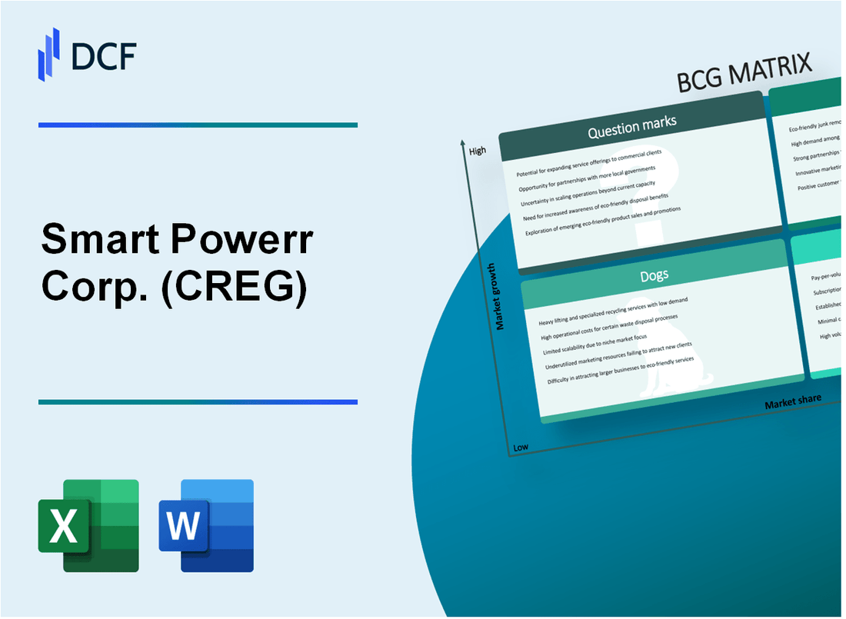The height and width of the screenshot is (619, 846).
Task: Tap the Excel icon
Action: (88, 525)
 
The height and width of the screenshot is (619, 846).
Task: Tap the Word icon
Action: (206, 525)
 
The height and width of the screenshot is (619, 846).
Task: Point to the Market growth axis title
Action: (500, 296)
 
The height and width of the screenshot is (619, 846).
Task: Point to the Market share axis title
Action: (792, 401)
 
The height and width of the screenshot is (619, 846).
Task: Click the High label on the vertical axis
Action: (478, 151)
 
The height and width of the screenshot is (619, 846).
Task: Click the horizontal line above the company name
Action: (198, 125)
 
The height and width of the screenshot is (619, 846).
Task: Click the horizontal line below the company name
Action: (198, 401)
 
